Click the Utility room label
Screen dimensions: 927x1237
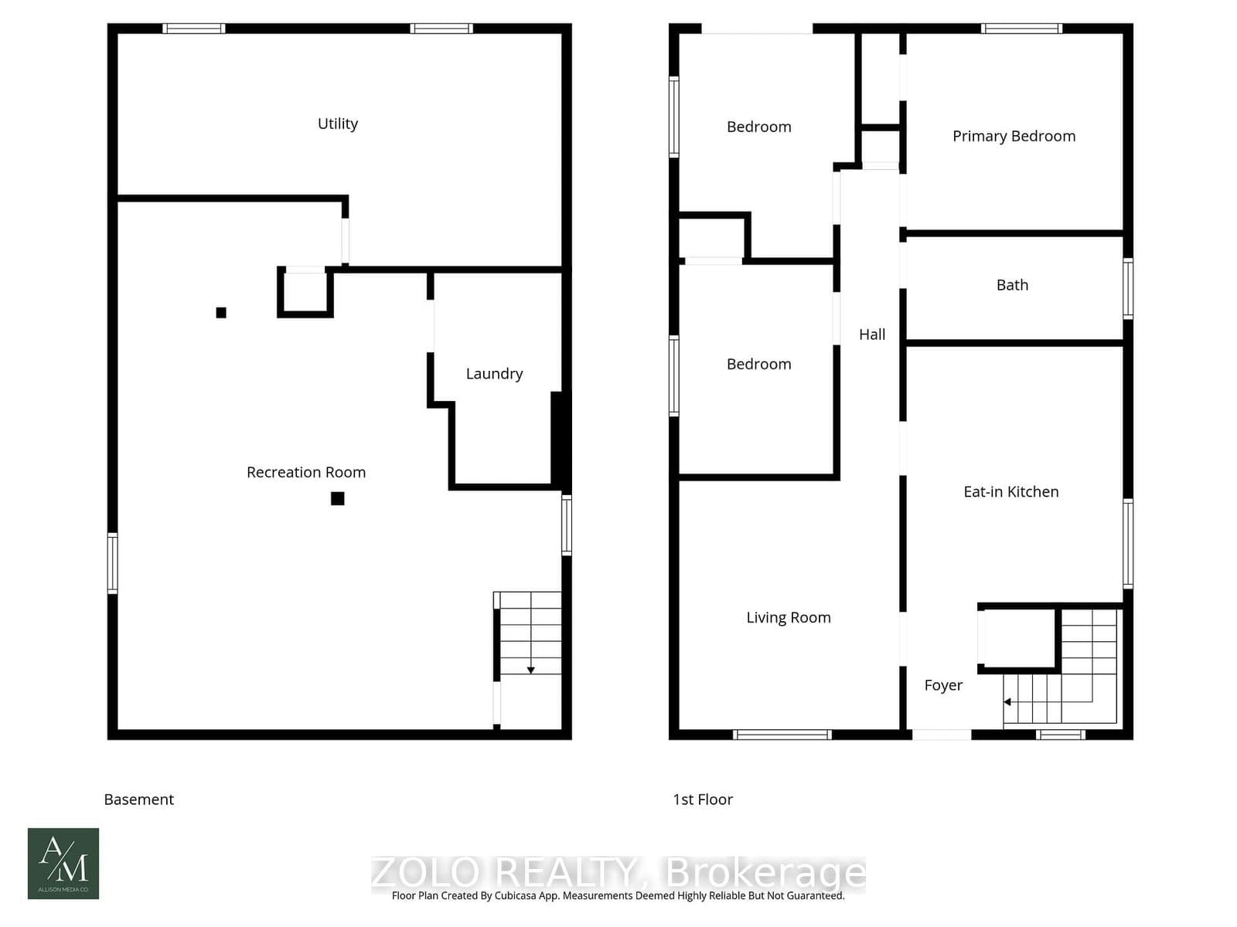[338, 124]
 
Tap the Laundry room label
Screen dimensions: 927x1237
[494, 374]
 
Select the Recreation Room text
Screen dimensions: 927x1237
[306, 472]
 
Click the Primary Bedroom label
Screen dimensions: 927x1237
[1014, 136]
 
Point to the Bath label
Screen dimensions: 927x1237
[1012, 285]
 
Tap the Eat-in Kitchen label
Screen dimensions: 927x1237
[1010, 491]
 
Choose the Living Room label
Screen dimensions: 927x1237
[788, 617]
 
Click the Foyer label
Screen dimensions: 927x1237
[943, 685]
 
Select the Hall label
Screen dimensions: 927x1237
[872, 334]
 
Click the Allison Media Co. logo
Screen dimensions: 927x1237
[63, 864]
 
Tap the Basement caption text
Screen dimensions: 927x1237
[139, 800]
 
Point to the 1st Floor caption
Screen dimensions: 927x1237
[703, 800]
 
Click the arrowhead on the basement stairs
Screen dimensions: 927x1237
[531, 670]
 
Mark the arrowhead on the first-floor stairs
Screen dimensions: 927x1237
[1007, 702]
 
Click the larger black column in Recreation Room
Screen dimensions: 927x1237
[338, 498]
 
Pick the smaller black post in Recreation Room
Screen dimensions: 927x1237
[221, 313]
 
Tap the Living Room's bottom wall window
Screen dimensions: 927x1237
[782, 735]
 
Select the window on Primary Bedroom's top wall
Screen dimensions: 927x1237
[1021, 29]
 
